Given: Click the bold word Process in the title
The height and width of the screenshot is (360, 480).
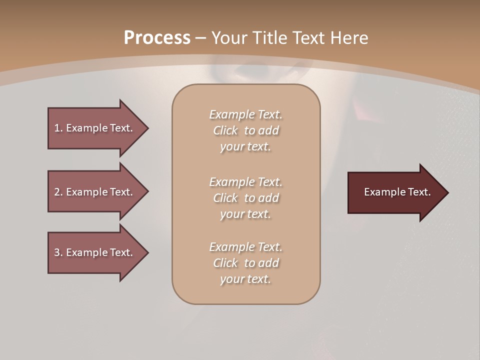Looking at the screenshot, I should pos(157,38).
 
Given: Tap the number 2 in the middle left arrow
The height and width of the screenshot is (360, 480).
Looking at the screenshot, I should pos(57,192).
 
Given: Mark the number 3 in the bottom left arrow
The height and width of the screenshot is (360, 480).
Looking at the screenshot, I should pos(57,252).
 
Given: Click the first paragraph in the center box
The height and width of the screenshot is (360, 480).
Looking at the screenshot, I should pos(245,130).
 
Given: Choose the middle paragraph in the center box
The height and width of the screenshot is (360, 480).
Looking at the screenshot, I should pos(245,198).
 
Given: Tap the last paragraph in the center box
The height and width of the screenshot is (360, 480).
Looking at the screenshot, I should pos(245,263).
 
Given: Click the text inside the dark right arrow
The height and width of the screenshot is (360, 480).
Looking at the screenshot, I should pos(397,192).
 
